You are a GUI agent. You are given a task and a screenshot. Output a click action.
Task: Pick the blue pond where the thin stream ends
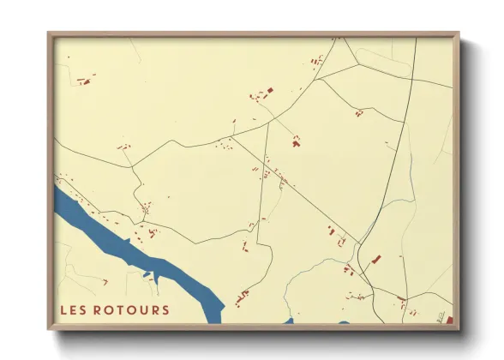click(288, 322)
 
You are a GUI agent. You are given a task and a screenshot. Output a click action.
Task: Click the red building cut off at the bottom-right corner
click(449, 320)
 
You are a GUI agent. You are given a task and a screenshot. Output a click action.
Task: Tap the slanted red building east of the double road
click(375, 259)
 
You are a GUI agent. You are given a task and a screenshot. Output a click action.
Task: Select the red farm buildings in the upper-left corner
click(83, 81)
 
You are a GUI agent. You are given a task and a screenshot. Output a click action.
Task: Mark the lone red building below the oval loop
click(358, 112)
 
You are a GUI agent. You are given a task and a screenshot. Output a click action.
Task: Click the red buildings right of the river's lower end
click(242, 297)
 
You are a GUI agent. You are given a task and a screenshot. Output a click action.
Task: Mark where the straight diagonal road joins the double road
click(357, 243)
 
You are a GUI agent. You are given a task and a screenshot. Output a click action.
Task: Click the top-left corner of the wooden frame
click(49, 34)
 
